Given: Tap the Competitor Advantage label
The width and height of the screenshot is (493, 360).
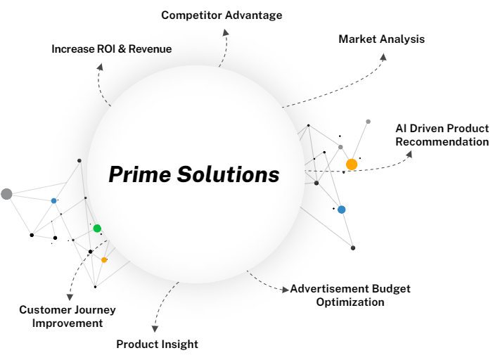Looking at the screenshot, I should tap(222, 15).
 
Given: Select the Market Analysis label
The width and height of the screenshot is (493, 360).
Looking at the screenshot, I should tap(381, 39).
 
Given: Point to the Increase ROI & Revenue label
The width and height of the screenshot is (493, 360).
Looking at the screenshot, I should tap(111, 49).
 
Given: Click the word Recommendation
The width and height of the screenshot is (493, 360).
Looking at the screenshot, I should tap(442, 142).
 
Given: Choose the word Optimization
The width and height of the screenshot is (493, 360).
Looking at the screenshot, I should tap(350, 302).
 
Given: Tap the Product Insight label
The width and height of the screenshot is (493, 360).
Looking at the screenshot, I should tap(157, 344).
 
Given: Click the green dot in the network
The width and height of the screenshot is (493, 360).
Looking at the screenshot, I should tap(97, 228).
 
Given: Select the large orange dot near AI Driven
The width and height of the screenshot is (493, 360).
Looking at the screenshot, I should tap(352, 165).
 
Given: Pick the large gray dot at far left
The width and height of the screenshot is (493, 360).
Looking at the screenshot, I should tap(6, 194).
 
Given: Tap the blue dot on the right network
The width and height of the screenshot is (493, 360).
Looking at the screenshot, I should tap(341, 210).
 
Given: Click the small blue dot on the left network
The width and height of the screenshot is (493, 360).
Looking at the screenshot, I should tap(53, 200).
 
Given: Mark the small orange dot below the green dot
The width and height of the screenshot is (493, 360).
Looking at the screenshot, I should tap(104, 260).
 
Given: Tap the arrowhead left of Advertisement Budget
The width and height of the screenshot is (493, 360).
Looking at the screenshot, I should tap(285, 289).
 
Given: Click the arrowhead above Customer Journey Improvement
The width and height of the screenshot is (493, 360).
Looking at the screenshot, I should tap(68, 296).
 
